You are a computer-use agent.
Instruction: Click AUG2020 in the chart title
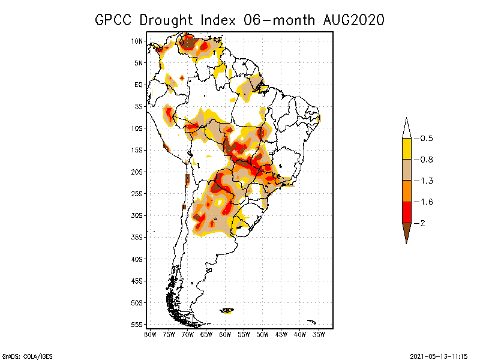351,20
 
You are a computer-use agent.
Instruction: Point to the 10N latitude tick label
137,41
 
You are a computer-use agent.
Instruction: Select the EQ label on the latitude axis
138,85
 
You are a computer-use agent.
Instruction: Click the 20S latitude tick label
137,172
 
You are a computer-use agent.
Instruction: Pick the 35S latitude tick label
137,237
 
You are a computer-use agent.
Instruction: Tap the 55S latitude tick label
137,324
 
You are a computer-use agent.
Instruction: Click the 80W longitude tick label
150,334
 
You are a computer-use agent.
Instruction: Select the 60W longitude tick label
225,334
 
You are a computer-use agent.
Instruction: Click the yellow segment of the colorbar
406,149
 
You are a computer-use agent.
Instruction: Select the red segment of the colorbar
406,212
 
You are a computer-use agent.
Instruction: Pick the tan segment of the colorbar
406,170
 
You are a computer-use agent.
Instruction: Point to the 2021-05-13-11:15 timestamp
439,356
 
